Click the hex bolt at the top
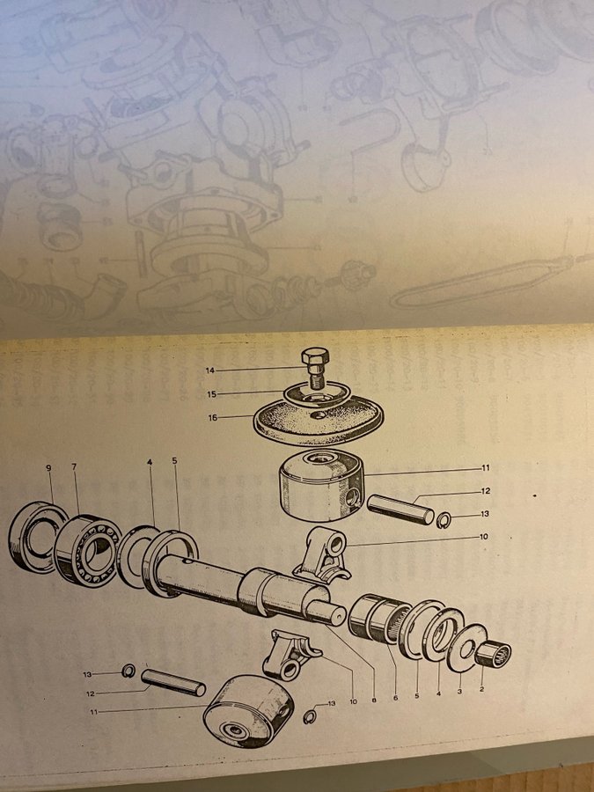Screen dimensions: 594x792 (315, 367)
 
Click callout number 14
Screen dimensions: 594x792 (209, 370)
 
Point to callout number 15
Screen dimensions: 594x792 (211, 394)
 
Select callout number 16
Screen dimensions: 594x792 (213, 418)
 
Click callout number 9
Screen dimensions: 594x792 (49, 468)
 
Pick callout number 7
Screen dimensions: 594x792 (74, 466)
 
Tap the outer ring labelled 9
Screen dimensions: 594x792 (20, 537)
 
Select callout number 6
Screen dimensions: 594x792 (395, 698)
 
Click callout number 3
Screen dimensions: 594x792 (459, 691)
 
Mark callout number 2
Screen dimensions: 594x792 (481, 688)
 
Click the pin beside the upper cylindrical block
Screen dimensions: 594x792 (400, 510)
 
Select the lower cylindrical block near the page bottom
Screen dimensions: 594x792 (248, 711)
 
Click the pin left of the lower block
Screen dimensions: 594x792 (173, 682)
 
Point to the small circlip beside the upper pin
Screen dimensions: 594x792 (444, 519)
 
